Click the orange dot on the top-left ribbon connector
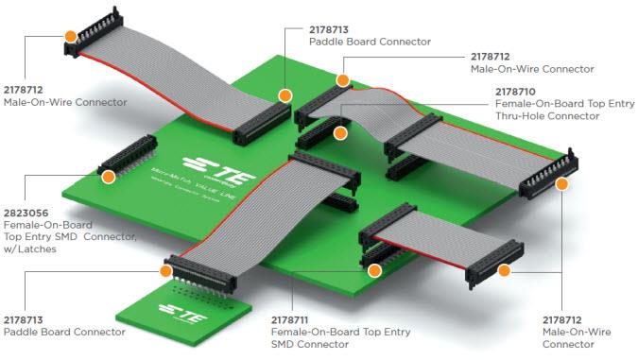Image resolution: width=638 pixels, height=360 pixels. (71, 35)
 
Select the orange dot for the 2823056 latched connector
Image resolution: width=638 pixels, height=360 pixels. (108, 177)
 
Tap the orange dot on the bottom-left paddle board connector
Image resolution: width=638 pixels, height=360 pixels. (168, 271)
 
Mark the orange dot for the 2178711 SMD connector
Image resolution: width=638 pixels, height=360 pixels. (374, 271)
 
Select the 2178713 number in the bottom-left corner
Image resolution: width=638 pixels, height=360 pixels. (27, 319)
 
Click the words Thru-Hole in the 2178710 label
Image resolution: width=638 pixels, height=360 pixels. (520, 116)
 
